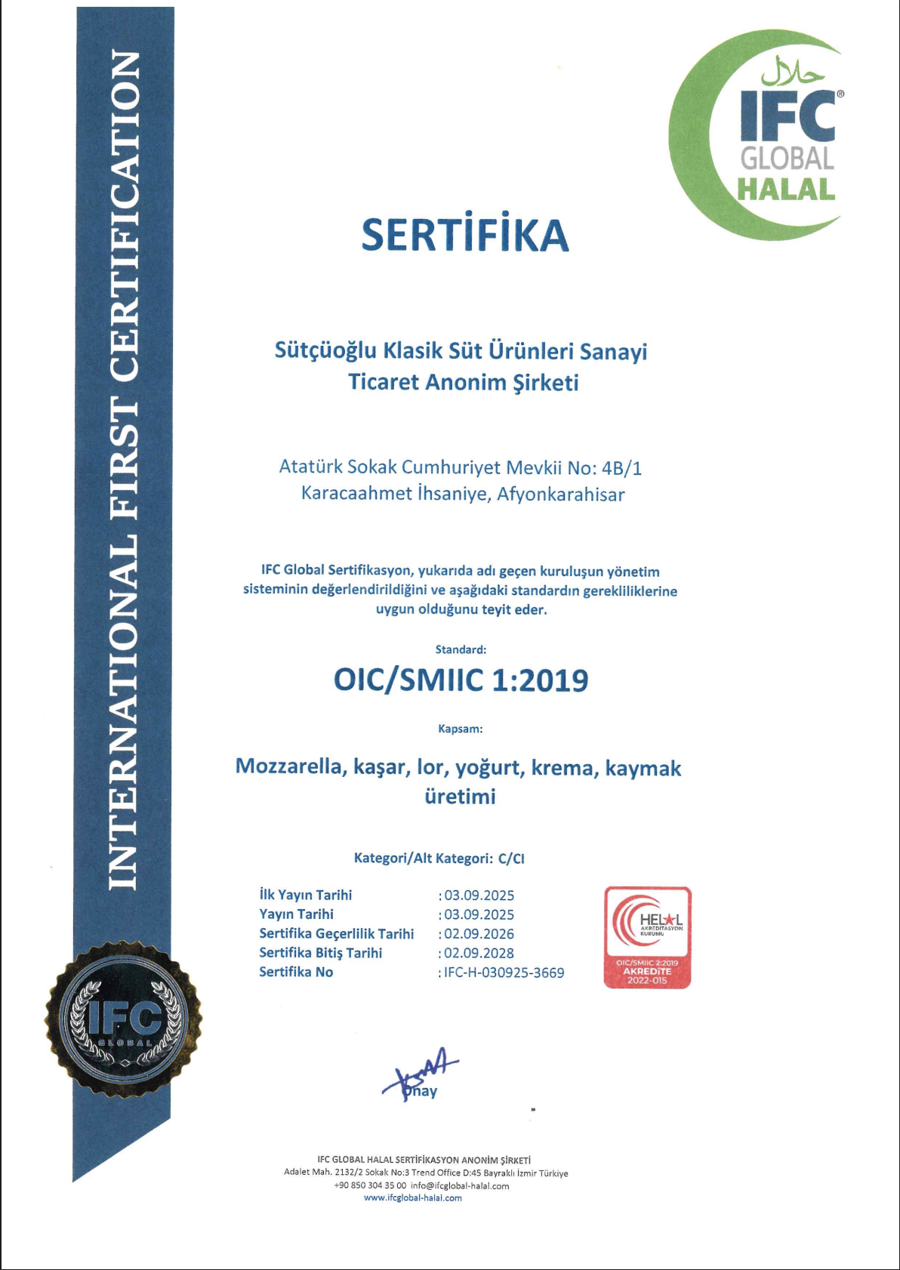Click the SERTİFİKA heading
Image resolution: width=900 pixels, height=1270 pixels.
[x=464, y=235]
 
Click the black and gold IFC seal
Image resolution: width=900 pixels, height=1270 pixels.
[x=124, y=1020]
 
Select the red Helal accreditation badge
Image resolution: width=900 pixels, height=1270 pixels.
[x=648, y=937]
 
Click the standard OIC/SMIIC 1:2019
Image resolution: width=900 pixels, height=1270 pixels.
[x=461, y=680]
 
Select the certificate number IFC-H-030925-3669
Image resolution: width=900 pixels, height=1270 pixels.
[x=504, y=973]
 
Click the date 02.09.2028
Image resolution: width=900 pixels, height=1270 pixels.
[x=479, y=953]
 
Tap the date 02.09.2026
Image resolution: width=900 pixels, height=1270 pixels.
[x=479, y=934]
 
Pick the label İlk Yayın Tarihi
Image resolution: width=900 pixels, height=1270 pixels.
[x=306, y=895]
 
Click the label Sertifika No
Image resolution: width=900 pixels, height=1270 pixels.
[x=296, y=972]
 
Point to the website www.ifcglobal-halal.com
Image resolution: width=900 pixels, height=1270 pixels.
[x=413, y=1198]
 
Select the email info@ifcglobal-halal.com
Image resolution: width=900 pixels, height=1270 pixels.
[x=460, y=1185]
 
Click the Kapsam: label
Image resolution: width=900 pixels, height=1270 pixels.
[x=461, y=729]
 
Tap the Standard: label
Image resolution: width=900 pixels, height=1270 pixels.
[x=461, y=649]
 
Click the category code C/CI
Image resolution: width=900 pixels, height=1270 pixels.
[x=511, y=858]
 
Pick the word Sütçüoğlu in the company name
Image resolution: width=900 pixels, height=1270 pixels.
[x=325, y=352]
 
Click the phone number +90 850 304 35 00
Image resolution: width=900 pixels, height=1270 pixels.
[x=370, y=1185]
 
